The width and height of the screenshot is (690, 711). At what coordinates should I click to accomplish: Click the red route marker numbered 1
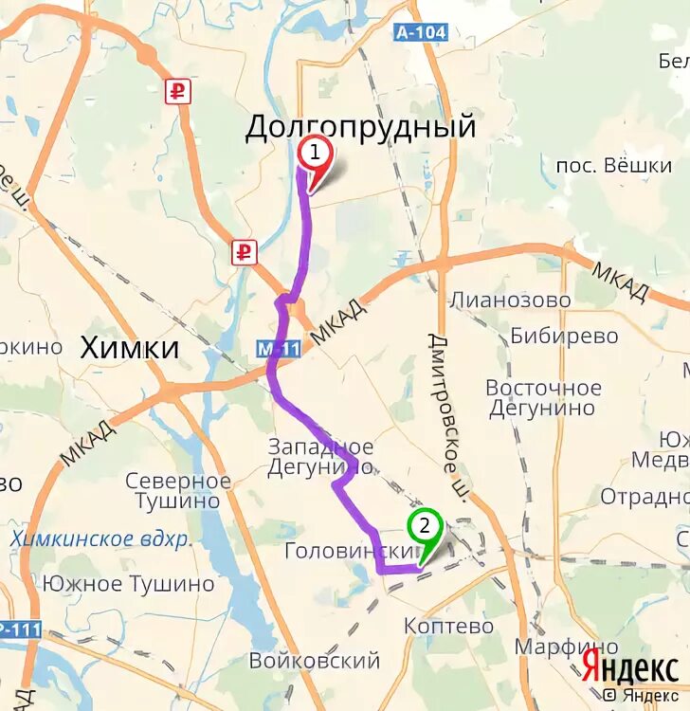coord(315,153)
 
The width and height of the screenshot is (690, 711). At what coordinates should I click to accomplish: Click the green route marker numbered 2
coord(425,525)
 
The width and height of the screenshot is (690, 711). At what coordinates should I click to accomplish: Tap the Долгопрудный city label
coord(360,127)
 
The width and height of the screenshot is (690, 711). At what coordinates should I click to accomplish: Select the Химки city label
coord(130,347)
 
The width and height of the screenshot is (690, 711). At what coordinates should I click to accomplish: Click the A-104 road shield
coord(420,32)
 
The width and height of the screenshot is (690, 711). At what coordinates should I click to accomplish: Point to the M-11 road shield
coord(279,349)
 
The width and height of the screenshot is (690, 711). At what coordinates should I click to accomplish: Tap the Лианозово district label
coord(510,301)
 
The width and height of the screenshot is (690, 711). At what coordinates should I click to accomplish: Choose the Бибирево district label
coord(564,336)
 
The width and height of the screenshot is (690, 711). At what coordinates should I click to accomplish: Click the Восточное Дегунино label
coord(543,398)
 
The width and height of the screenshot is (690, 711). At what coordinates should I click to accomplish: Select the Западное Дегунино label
coord(320,457)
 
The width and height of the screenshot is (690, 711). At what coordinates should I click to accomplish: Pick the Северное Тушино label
coord(177,491)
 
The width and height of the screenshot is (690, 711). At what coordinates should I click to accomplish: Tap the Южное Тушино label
coord(129,583)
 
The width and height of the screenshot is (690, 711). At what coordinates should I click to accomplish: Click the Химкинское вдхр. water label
coord(100,538)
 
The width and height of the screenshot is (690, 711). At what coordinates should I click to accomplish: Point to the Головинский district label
coord(350,551)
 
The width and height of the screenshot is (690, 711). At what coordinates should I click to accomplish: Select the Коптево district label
coord(448,626)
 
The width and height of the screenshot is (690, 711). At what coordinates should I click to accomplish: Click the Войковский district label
coord(314,660)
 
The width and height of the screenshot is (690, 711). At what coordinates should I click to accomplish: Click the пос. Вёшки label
coord(613,166)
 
